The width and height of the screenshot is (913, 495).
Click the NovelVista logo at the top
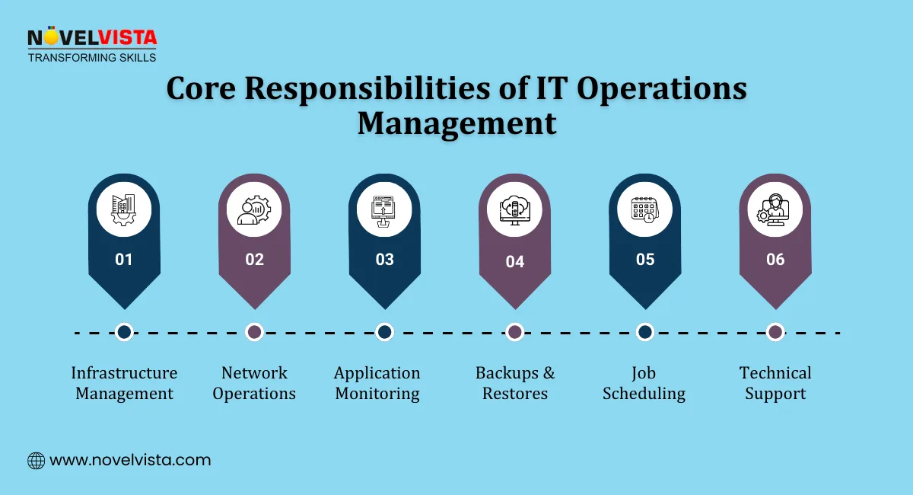92,45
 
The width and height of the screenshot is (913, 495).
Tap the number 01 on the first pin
124,260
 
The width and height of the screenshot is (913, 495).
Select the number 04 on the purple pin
515,262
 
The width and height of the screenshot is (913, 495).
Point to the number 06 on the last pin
775,260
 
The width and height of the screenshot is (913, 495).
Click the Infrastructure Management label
124,383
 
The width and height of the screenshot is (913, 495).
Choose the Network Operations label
254,383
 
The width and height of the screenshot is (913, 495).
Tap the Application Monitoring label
377,383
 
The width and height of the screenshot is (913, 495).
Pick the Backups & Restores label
515,383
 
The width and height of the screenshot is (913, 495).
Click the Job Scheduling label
644,383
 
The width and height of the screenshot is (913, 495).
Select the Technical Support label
775,383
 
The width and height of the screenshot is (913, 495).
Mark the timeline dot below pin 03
385,332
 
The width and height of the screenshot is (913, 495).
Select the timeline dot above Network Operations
255,332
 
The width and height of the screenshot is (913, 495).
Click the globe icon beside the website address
36,460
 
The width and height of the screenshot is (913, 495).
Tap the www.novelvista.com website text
130,460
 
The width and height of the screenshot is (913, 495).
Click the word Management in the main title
456,123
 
